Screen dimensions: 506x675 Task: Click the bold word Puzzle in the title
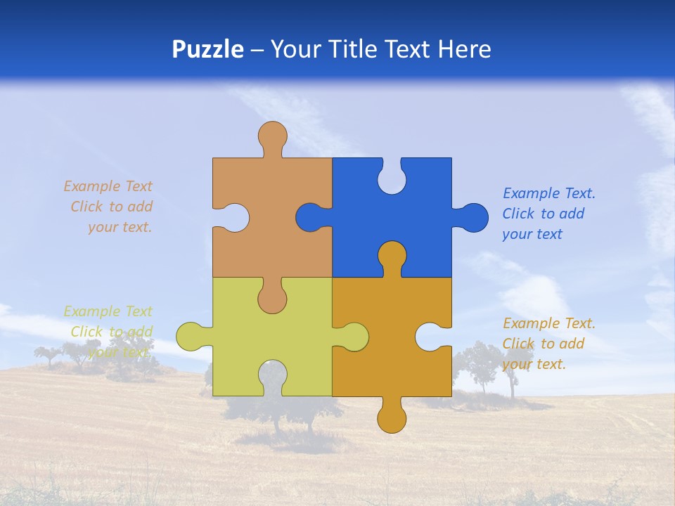tap(208, 49)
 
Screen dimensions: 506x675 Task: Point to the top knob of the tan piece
tap(272, 135)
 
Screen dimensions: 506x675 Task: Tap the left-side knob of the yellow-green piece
tap(190, 337)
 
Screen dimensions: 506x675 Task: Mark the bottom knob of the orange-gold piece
tap(392, 419)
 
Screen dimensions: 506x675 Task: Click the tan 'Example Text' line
tap(108, 186)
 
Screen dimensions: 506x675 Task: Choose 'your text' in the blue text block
tap(532, 234)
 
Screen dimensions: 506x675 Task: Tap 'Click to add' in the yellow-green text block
tap(111, 332)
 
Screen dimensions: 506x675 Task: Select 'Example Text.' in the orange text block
tap(549, 323)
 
